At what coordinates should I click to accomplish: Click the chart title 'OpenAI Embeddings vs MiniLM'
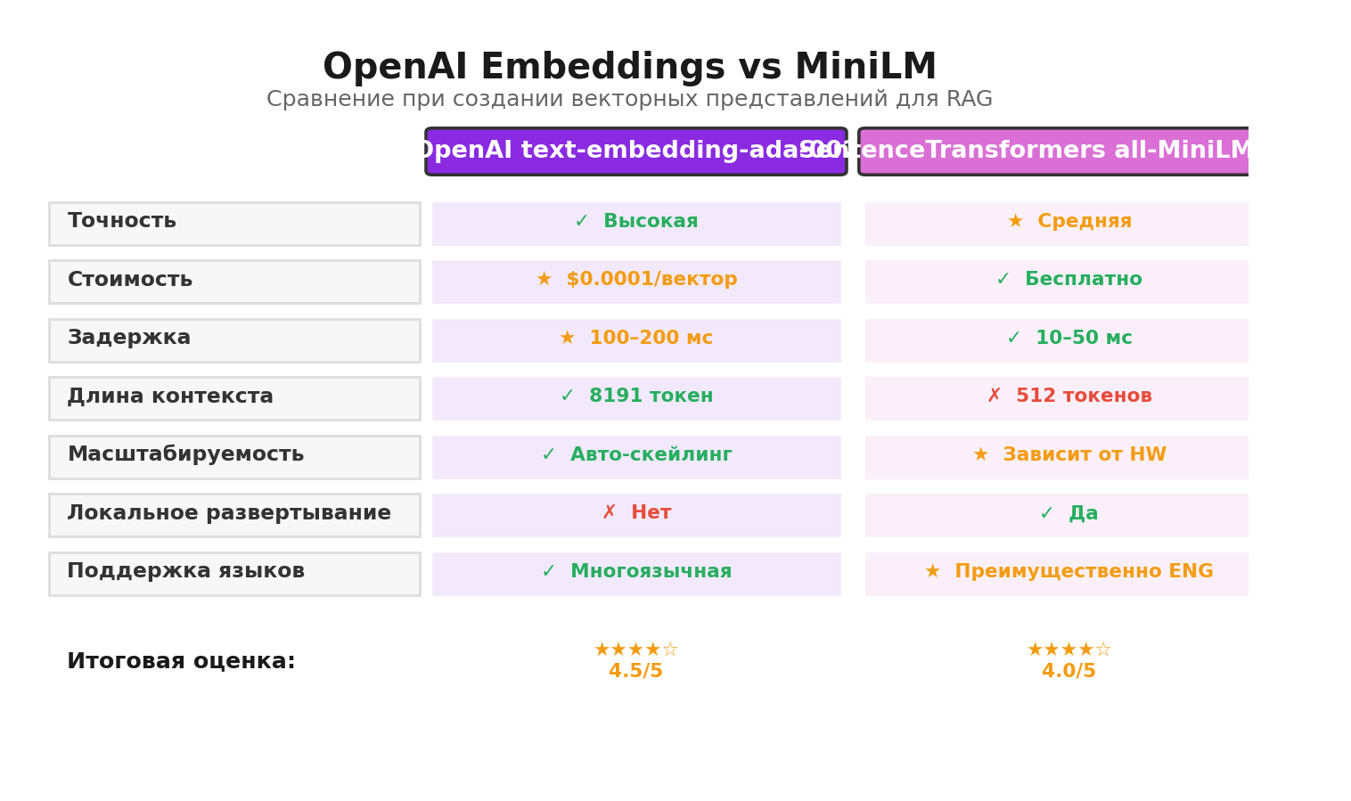[629, 68]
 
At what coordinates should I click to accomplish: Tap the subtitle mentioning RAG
[629, 100]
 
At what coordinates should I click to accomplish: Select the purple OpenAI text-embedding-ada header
[635, 151]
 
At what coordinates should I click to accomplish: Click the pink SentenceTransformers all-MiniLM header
[1053, 151]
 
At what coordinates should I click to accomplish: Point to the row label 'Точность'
[122, 222]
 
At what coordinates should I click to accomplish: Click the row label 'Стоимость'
[130, 281]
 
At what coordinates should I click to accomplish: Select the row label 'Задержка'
[129, 339]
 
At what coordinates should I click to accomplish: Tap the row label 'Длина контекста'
[170, 397]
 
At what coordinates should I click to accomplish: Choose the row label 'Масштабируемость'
[185, 455]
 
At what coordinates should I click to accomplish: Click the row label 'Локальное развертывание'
[229, 514]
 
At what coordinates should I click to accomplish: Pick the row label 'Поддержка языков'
[185, 572]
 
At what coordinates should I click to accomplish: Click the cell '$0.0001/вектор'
[636, 281]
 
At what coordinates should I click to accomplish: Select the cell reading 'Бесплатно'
[1069, 281]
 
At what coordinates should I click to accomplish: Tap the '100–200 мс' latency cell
[636, 339]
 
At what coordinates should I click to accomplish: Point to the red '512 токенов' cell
[1069, 397]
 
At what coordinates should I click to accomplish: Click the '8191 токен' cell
[636, 397]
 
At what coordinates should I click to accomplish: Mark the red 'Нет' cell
[636, 514]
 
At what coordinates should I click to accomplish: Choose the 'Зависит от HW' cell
[1069, 456]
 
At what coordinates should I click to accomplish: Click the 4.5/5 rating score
[635, 672]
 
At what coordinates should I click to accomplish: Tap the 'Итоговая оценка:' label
[181, 662]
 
